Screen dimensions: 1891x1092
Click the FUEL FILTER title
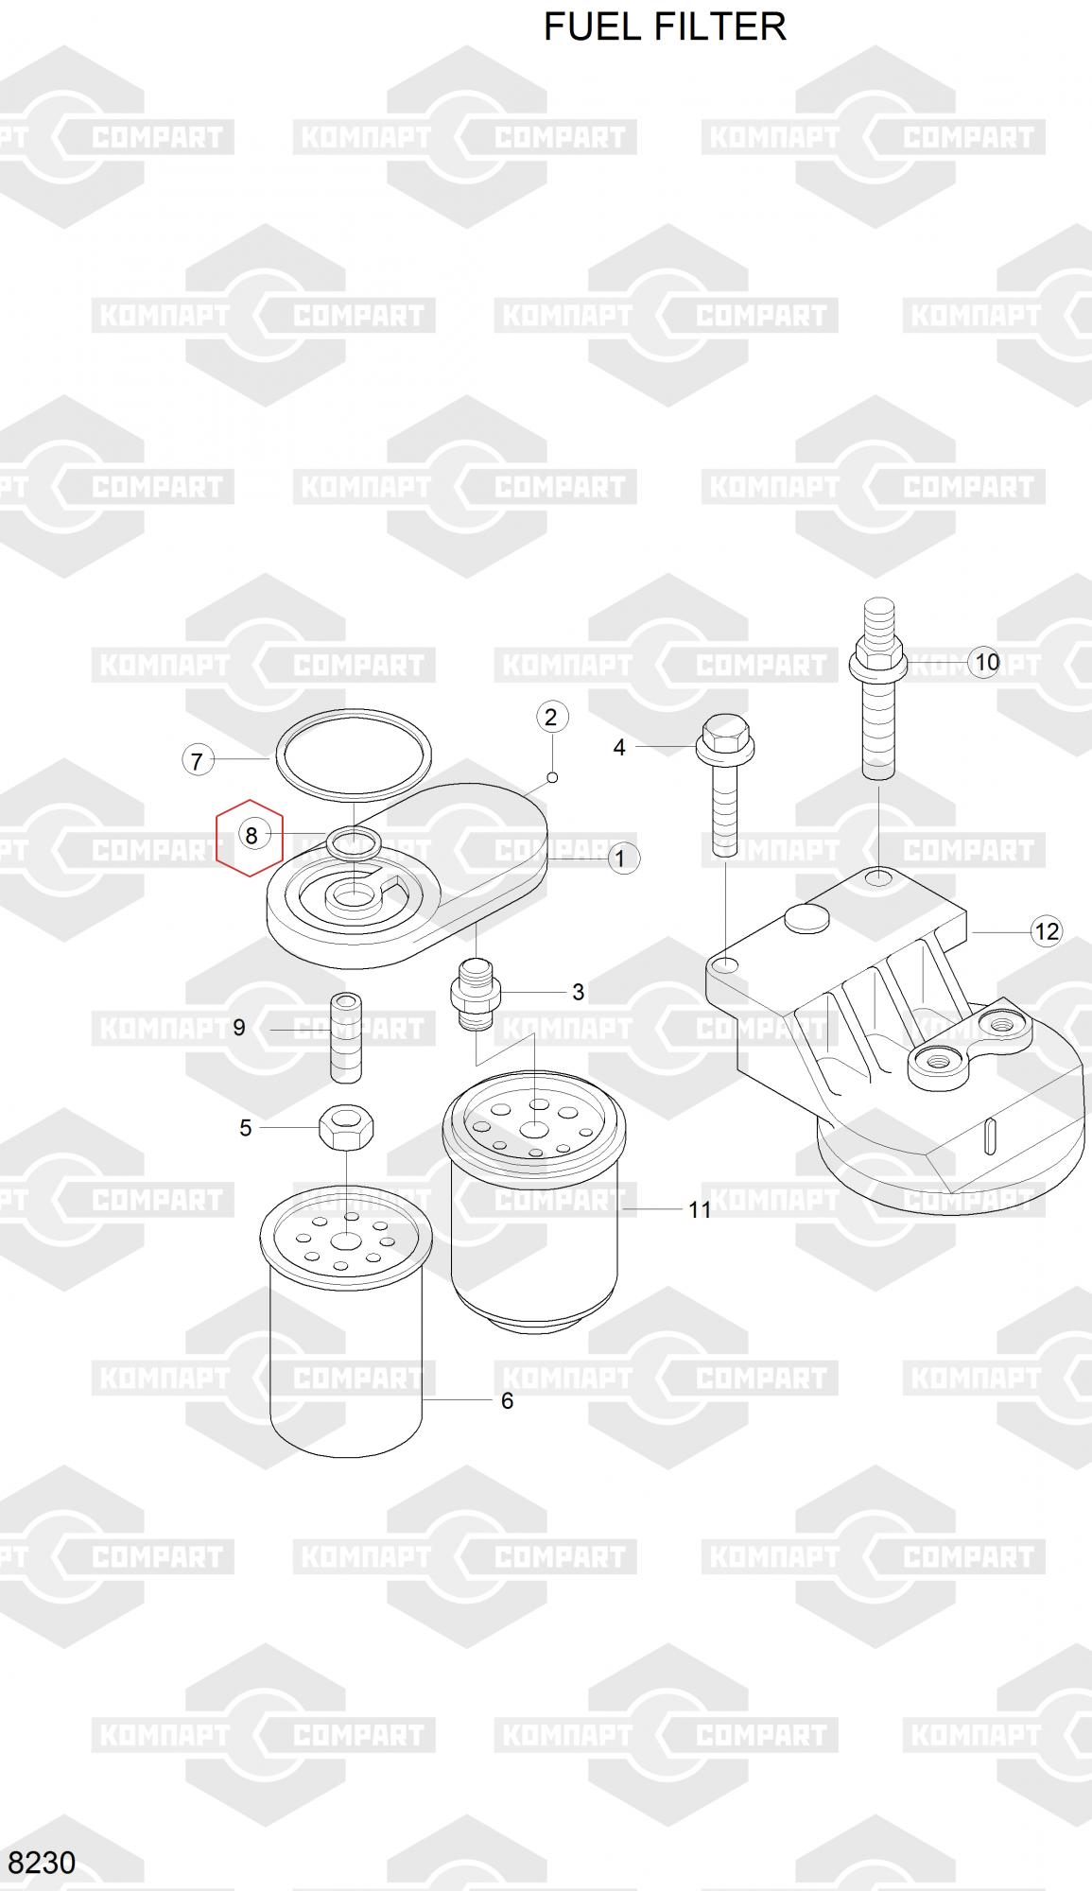[665, 26]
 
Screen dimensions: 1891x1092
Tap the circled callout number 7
[197, 760]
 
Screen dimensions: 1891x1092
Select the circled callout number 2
[552, 717]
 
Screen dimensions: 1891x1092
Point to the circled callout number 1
[620, 859]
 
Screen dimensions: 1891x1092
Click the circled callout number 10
[986, 662]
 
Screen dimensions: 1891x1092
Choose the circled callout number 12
[1047, 931]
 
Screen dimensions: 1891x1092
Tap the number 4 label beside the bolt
[619, 748]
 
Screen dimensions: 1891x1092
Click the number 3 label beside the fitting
[578, 992]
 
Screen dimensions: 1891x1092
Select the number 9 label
[239, 1027]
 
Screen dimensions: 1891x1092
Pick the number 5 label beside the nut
[246, 1128]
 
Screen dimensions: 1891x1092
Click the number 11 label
[700, 1209]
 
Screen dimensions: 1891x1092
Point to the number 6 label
[507, 1400]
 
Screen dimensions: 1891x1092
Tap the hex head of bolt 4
[723, 740]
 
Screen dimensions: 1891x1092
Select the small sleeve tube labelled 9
[346, 1037]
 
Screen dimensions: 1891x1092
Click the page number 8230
[42, 1862]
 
